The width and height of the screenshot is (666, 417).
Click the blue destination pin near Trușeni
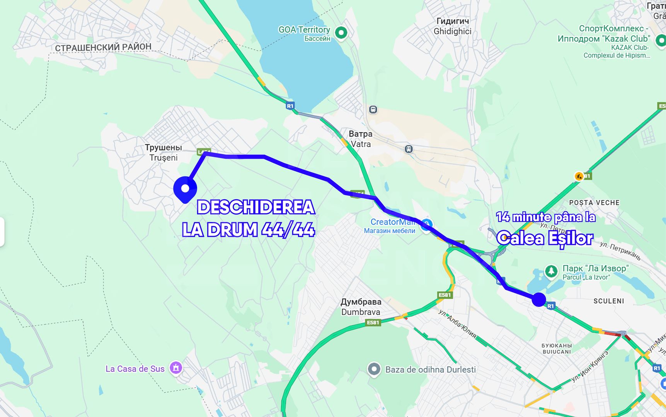(x=185, y=188)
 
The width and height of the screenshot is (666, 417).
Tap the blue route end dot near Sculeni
(x=538, y=299)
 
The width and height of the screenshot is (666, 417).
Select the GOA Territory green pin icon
(x=341, y=32)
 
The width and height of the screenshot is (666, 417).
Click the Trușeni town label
(x=164, y=153)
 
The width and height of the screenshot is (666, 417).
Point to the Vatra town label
(x=360, y=139)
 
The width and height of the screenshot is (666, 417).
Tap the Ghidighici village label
(x=452, y=26)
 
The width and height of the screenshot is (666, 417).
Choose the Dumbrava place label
(x=361, y=307)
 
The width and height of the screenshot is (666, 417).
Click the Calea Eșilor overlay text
(x=545, y=238)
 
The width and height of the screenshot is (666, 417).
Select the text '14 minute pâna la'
(x=545, y=217)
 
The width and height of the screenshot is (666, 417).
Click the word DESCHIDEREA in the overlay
(x=256, y=207)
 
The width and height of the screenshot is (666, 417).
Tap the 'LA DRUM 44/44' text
(x=248, y=230)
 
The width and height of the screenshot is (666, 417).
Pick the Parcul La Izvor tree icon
(x=551, y=271)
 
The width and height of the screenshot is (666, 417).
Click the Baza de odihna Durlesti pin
(x=374, y=370)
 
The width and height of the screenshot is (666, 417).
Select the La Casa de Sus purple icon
(x=176, y=368)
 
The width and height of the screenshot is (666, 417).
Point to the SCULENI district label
(x=608, y=301)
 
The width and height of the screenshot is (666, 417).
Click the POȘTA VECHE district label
(x=594, y=203)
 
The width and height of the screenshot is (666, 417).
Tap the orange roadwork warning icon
(x=579, y=176)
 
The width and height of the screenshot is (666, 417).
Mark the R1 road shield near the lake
(x=290, y=106)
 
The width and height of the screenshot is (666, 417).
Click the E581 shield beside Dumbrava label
(x=373, y=322)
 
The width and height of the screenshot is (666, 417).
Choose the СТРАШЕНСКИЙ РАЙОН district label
(x=103, y=47)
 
